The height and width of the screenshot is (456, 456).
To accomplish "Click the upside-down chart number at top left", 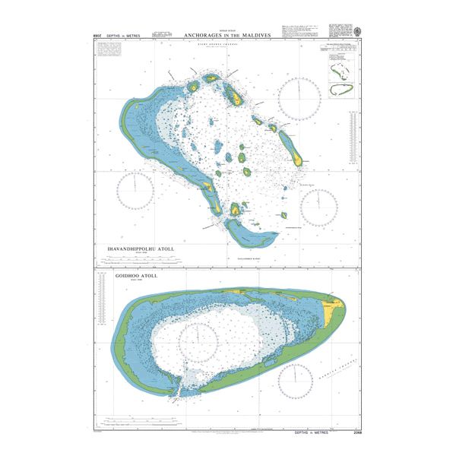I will click(97, 36).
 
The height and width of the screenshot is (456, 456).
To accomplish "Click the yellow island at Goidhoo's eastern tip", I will click(331, 309).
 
